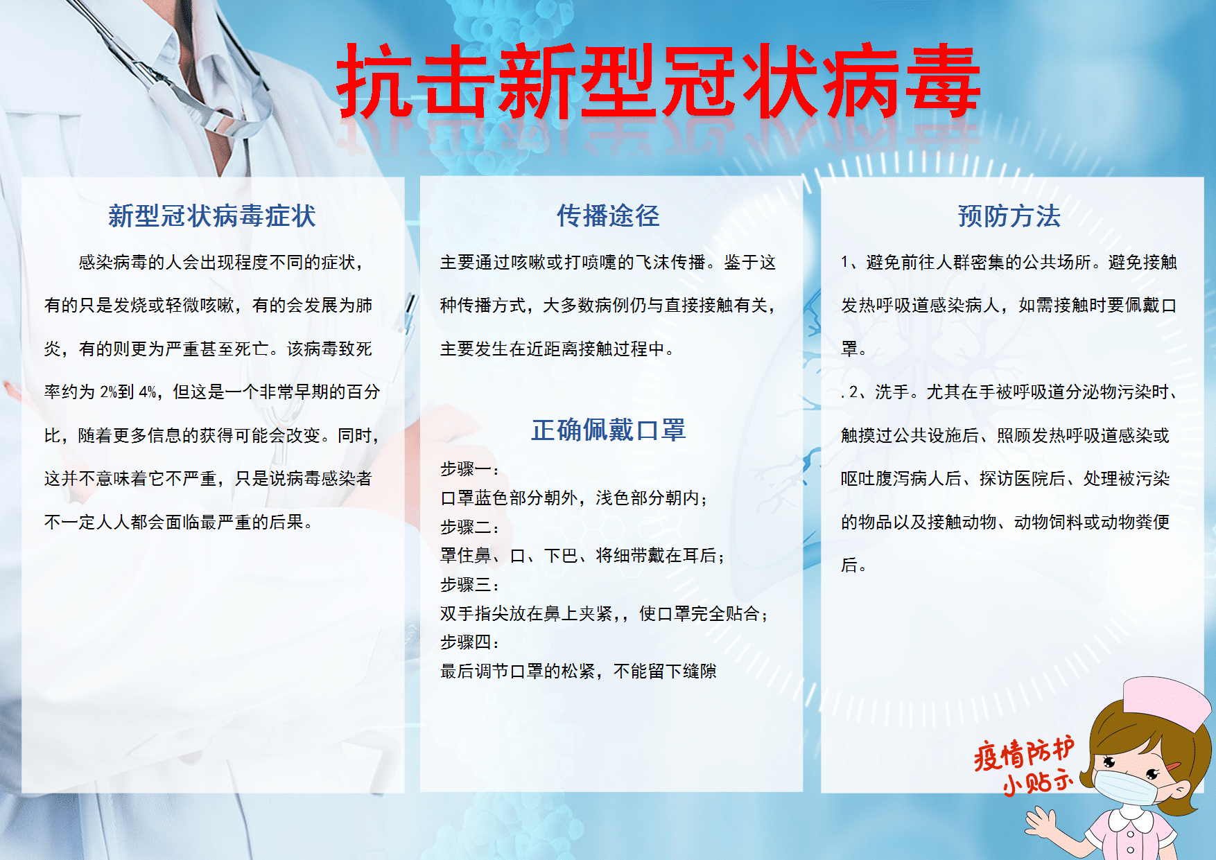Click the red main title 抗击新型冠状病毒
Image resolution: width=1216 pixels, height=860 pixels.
(658, 80)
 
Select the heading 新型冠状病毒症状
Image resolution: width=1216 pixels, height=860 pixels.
(212, 216)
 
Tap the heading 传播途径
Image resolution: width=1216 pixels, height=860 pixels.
(608, 216)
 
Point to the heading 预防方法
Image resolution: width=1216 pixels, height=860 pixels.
(1009, 216)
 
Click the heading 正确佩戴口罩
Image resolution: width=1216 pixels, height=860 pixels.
(609, 430)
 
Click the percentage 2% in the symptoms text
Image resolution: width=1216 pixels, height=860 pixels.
(108, 392)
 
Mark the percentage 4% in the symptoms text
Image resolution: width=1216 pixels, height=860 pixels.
(148, 392)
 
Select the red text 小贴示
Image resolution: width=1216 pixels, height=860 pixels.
(1038, 782)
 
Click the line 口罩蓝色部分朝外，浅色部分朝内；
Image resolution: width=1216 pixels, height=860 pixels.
(575, 498)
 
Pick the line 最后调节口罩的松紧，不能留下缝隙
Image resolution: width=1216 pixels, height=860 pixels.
(578, 672)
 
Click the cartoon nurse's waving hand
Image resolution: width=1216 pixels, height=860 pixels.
(1049, 824)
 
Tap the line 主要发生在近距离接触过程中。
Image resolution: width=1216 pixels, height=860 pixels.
(558, 349)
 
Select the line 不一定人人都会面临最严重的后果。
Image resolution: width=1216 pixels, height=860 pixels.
(180, 523)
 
